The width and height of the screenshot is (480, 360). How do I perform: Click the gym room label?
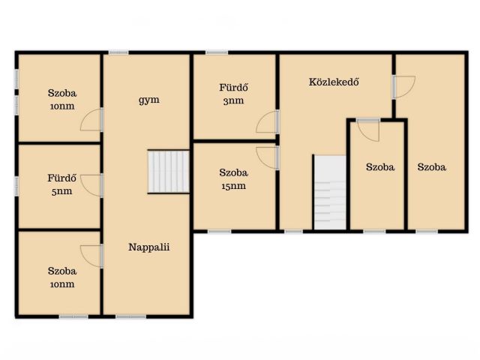click(148, 100)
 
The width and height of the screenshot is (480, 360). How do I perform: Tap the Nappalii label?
click(148, 247)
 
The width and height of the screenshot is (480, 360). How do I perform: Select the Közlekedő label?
click(334, 82)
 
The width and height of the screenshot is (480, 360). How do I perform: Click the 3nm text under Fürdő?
click(233, 100)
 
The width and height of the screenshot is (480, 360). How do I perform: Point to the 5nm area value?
click(61, 191)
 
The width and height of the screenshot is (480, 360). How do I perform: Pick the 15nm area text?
click(233, 186)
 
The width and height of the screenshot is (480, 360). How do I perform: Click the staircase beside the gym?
click(168, 172)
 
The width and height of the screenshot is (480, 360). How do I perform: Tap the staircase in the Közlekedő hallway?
click(330, 192)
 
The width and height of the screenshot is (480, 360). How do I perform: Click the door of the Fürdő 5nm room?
click(91, 185)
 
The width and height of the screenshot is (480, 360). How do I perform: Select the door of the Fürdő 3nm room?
click(268, 121)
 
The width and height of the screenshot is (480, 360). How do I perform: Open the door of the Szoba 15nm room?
click(268, 158)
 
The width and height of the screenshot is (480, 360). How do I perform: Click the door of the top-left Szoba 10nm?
click(91, 119)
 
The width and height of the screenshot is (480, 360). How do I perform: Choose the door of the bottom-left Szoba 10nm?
click(91, 256)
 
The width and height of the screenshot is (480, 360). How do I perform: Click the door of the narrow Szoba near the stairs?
click(368, 130)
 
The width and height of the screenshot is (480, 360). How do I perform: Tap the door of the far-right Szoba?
click(404, 87)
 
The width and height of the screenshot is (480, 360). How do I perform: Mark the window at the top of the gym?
click(118, 52)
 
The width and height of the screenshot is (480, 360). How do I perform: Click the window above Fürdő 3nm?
click(217, 52)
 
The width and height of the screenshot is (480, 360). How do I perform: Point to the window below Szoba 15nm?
click(220, 232)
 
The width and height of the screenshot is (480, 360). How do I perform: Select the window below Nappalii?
click(130, 316)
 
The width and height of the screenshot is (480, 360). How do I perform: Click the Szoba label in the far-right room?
click(432, 167)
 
